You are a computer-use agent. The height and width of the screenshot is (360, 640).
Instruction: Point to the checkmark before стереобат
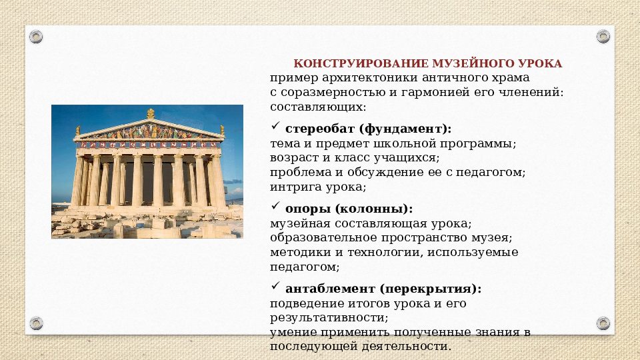pyautogui.click(x=275, y=126)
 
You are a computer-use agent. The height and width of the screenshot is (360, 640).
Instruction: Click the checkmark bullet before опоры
pyautogui.click(x=275, y=207)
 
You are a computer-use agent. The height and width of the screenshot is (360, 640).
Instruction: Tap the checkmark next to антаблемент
pyautogui.click(x=275, y=287)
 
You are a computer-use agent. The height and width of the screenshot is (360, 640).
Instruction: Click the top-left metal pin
pyautogui.click(x=37, y=36)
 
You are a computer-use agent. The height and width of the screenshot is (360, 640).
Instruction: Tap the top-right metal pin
pyautogui.click(x=603, y=36)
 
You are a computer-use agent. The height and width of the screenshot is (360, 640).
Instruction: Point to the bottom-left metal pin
pyautogui.click(x=37, y=323)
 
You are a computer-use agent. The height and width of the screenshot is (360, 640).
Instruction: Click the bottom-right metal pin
pyautogui.click(x=603, y=323)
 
